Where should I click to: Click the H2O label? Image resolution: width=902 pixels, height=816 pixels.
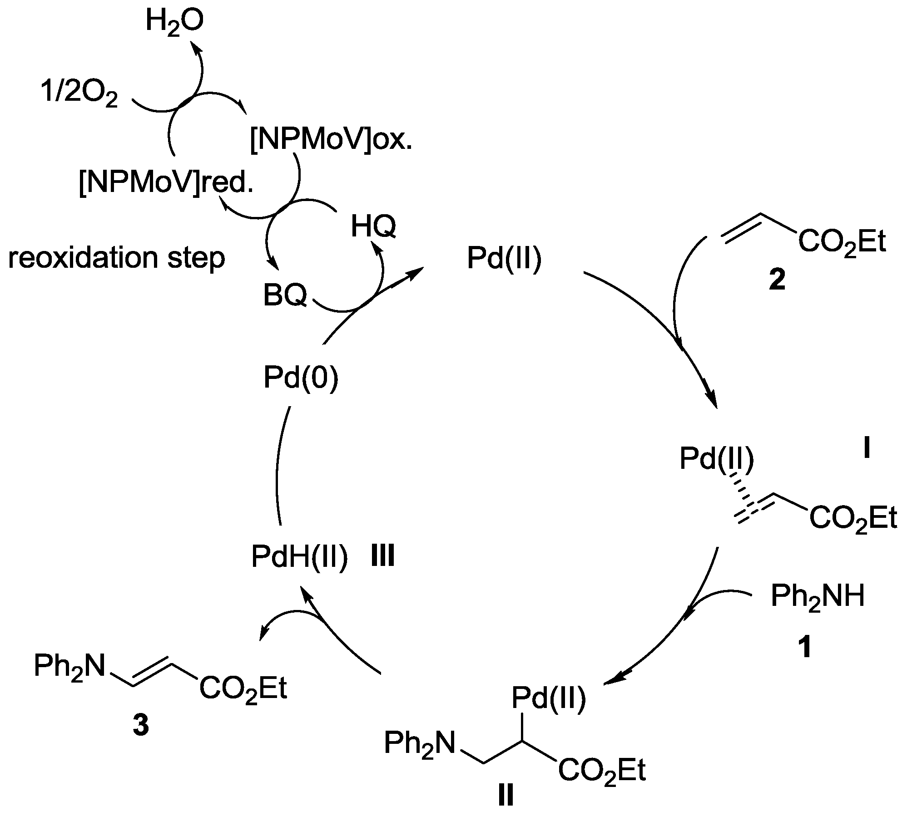coord(174,21)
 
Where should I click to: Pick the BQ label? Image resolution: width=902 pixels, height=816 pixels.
coord(285,296)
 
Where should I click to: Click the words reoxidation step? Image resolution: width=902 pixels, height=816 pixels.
coord(117,258)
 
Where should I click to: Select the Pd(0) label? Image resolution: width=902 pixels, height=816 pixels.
coord(301,378)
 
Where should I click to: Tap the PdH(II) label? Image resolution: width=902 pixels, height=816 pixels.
coord(300,557)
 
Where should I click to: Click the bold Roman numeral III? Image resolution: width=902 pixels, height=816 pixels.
coord(382,556)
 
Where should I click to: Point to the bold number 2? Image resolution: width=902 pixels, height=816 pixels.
coord(777,280)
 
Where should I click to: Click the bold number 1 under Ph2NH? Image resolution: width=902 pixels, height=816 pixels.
coord(804,648)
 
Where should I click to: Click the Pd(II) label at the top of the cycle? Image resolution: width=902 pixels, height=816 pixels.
coord(504,259)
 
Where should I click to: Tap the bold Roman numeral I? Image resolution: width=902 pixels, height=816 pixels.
coord(866,449)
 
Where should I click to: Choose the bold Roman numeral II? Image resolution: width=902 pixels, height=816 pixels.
coord(506,796)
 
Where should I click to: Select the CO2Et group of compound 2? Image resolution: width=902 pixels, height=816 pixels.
coord(842,242)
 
